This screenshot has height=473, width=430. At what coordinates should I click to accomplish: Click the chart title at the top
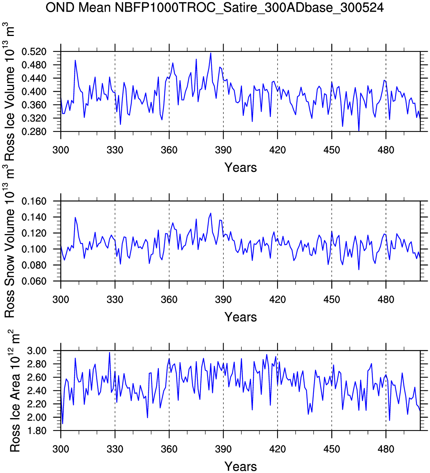pyautogui.click(x=214, y=7)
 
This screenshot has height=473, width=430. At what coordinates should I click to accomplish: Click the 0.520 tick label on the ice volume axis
pyautogui.click(x=34, y=52)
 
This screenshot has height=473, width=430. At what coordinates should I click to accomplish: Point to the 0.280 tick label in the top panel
pyautogui.click(x=34, y=131)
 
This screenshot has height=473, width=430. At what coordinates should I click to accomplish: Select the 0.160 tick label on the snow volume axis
pyautogui.click(x=34, y=201)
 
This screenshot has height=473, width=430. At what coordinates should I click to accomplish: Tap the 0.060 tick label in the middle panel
pyautogui.click(x=34, y=281)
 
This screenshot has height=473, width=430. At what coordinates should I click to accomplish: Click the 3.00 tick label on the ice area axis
pyautogui.click(x=37, y=351)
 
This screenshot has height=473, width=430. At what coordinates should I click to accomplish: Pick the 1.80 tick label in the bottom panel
pyautogui.click(x=37, y=431)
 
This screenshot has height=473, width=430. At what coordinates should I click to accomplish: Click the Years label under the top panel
pyautogui.click(x=241, y=167)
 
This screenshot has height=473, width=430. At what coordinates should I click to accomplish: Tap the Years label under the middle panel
pyautogui.click(x=241, y=317)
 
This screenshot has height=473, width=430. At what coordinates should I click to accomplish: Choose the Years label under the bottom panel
pyautogui.click(x=241, y=466)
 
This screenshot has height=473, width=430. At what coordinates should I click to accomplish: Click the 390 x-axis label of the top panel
pyautogui.click(x=223, y=150)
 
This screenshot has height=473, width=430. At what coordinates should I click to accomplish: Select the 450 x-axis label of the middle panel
pyautogui.click(x=332, y=300)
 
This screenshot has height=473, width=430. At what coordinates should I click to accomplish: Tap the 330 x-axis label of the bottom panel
pyautogui.click(x=115, y=449)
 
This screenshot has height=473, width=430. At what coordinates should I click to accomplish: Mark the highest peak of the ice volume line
pyautogui.click(x=211, y=53)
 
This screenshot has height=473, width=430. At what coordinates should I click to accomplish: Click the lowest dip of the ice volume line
pyautogui.click(x=359, y=131)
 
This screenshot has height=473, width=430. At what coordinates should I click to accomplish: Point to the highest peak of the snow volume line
pyautogui.click(x=211, y=213)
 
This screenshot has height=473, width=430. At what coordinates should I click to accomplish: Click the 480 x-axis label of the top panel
pyautogui.click(x=386, y=150)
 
